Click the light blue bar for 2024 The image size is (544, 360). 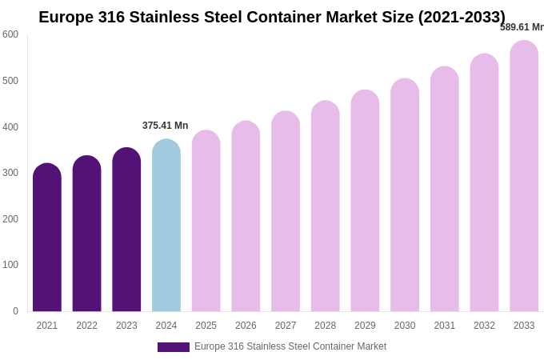click(x=166, y=226)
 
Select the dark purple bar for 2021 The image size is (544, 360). click(x=47, y=238)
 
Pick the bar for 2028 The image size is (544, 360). click(x=326, y=206)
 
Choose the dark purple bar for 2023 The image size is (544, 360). click(x=126, y=230)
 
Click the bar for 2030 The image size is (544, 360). click(x=405, y=195)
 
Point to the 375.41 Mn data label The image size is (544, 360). click(x=165, y=126)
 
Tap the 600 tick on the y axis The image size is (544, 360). click(x=10, y=34)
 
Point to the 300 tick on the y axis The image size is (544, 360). click(x=10, y=173)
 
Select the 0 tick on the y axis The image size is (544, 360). click(x=15, y=311)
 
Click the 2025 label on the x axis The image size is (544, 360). click(x=206, y=326)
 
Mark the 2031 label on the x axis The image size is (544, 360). click(x=445, y=326)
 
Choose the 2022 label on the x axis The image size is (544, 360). click(x=87, y=326)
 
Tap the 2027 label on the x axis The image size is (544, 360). click(x=286, y=326)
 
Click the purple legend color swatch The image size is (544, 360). click(x=174, y=347)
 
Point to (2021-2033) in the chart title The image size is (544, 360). click(x=461, y=17)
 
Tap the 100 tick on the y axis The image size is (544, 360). click(x=10, y=265)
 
